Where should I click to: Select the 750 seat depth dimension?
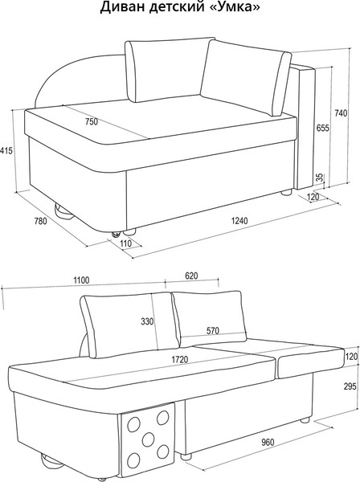92,122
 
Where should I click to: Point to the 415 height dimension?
6,151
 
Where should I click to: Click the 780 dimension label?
40,221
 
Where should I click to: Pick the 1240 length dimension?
239,220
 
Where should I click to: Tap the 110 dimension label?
125,243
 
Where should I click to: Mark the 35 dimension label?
320,178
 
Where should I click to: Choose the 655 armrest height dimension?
323,128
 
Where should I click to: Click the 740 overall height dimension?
341,113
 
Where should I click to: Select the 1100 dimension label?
81,280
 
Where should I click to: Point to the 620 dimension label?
191,276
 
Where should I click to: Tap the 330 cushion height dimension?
147,321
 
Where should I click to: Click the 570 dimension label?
213,330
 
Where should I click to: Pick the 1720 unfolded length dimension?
180,359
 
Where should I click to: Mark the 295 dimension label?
350,386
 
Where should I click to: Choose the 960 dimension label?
268,442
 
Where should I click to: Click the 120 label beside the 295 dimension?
352,356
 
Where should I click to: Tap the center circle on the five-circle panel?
148,439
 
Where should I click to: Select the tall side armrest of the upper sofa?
305,127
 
